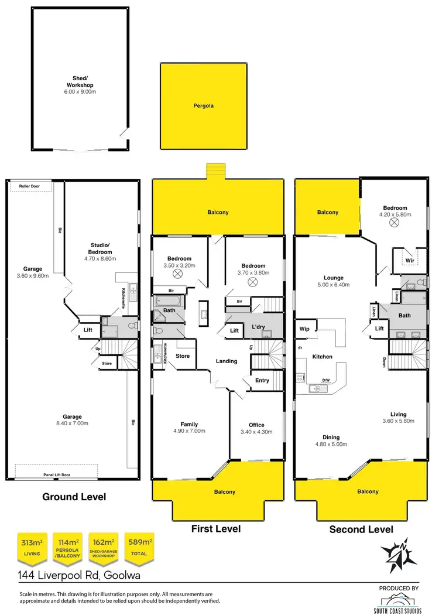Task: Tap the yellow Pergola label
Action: tap(203, 107)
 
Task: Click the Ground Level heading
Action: tap(74, 497)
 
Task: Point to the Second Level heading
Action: tap(361, 529)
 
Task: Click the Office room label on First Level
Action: tap(256, 425)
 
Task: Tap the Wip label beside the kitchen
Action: tap(304, 329)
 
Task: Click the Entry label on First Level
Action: tap(262, 381)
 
